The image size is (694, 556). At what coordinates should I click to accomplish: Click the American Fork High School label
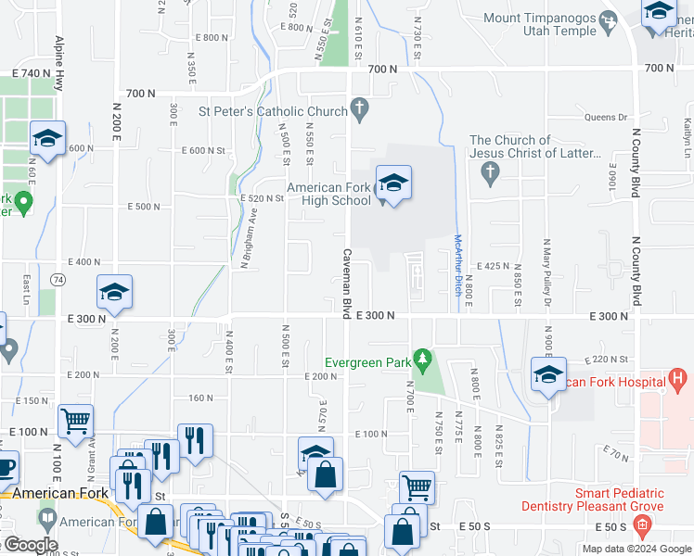pos(328,194)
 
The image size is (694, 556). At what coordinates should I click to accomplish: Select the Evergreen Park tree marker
pos(423,358)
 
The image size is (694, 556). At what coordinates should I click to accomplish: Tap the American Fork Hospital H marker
pos(678,379)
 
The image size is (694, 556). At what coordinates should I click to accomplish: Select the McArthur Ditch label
pos(456,264)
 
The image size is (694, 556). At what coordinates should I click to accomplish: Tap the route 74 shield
pos(58,278)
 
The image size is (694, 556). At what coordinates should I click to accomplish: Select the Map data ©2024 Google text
pos(636,548)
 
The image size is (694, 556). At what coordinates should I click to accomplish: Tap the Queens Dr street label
pos(606,118)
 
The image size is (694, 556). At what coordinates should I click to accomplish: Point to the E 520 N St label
pos(260,198)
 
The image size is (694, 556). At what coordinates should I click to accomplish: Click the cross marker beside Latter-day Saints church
pos(491,171)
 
